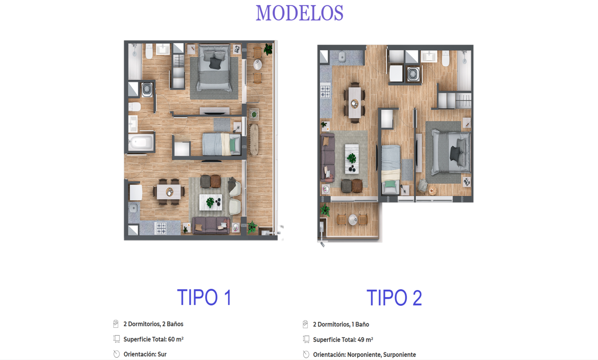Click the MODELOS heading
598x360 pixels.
coord(299,13)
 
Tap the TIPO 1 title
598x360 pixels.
coord(204,298)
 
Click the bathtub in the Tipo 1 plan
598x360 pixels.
coord(141,143)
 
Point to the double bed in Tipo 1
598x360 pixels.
coord(214,69)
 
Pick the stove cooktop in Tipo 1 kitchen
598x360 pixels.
coord(161,228)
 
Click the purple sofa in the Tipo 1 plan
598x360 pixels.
coord(211,225)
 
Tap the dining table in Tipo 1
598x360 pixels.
coord(169,191)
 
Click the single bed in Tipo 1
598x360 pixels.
coord(221,144)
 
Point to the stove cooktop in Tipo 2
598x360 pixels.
coord(325,91)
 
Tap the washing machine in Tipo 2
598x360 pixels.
coord(413,74)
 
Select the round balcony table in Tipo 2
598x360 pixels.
coord(352,220)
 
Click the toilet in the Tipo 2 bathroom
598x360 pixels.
coord(445,58)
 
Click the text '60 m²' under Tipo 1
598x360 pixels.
coord(176,339)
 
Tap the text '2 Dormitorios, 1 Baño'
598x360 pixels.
coord(341,324)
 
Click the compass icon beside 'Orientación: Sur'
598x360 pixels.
coord(116,354)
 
